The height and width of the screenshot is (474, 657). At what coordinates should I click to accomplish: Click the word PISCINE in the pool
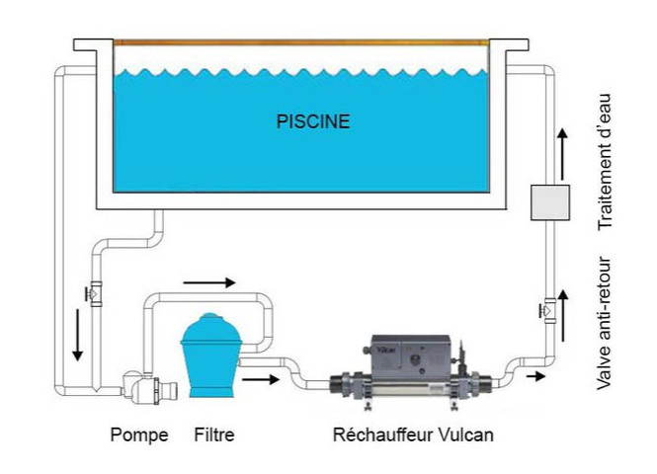point(312,122)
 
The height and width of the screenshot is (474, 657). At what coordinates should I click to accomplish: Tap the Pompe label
point(138,434)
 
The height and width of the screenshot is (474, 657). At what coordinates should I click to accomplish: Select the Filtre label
point(214,434)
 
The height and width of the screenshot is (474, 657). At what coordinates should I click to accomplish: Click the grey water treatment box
point(548,201)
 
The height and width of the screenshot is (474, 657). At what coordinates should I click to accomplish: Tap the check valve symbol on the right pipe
point(547,307)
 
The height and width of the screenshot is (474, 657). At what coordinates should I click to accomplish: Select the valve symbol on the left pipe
point(96,293)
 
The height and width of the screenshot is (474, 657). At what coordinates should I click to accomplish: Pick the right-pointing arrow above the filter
point(210,281)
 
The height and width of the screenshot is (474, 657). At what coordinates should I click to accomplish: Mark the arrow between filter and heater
point(260,376)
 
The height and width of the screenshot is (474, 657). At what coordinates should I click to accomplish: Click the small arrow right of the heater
point(534,376)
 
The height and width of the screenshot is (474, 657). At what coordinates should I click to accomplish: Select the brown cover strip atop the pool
point(301,41)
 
